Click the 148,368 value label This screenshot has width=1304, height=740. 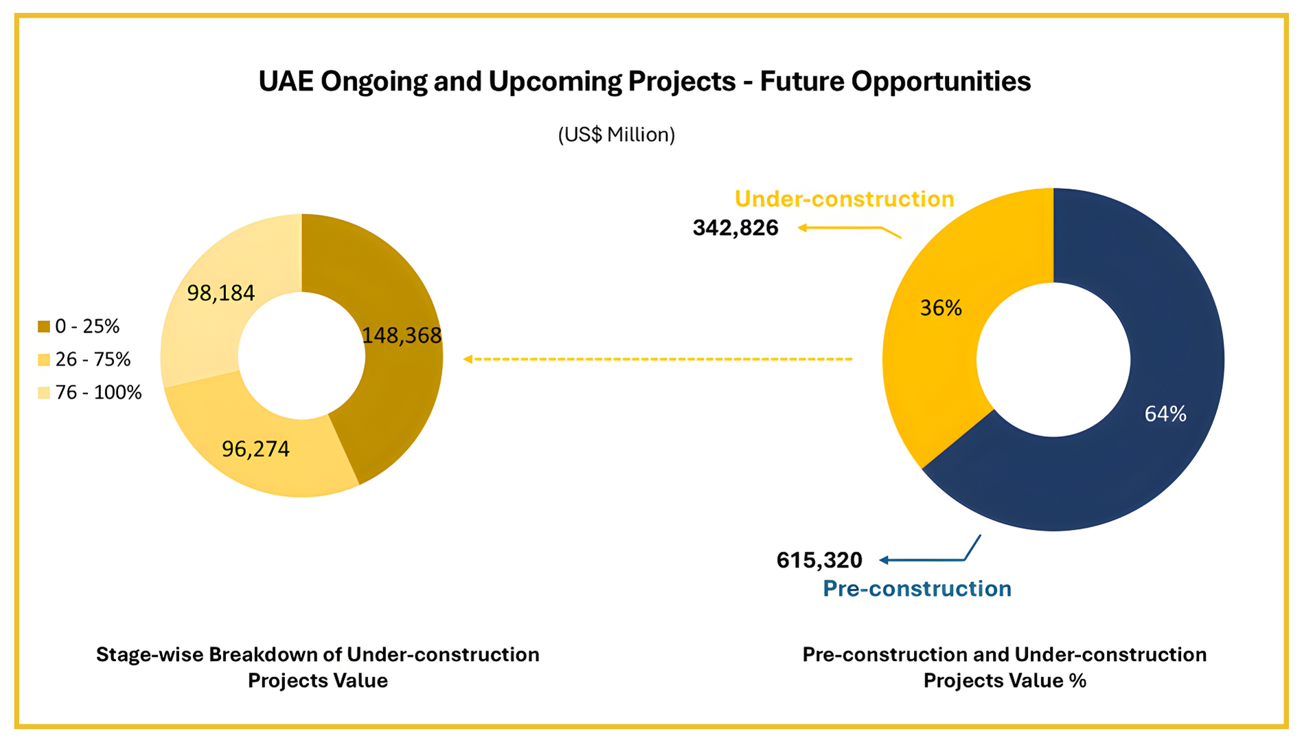tap(402, 335)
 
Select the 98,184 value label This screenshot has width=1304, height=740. tap(221, 293)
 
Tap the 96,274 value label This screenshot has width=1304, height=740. tap(255, 449)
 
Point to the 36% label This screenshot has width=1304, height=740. tap(941, 308)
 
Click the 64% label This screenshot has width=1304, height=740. tap(1165, 414)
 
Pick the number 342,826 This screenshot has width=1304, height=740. tap(735, 227)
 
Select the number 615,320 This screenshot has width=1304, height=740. tap(819, 561)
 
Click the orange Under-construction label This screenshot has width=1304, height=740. tap(844, 199)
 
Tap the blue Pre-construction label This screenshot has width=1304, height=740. tap(917, 589)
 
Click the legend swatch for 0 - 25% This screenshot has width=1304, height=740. tap(44, 326)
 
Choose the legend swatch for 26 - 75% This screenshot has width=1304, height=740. tap(44, 359)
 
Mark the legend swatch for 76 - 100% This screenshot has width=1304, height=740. tap(44, 392)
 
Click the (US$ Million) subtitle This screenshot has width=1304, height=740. tap(616, 135)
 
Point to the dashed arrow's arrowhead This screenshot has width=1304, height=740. tap(468, 359)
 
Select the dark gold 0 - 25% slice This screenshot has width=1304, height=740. tap(391, 399)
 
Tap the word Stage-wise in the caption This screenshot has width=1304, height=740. tap(149, 655)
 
